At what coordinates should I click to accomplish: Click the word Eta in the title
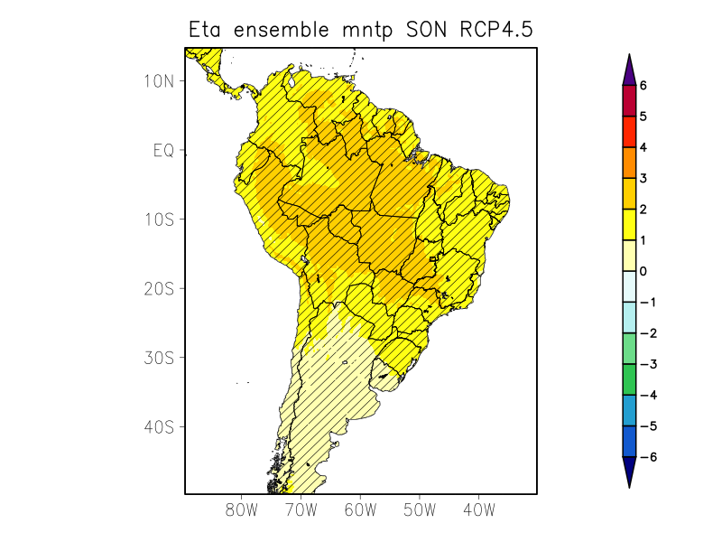[x=207, y=30]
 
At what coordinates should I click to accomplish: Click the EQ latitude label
[x=163, y=151]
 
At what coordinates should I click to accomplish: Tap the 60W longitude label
[x=360, y=509]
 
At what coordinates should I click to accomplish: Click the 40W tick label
[x=478, y=509]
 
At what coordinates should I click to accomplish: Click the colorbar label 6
[x=643, y=85]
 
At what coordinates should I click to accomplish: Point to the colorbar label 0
[x=643, y=271]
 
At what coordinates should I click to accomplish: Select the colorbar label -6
[x=646, y=457]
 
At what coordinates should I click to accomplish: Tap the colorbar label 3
[x=643, y=178]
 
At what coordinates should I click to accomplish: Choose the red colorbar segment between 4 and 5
[x=629, y=132]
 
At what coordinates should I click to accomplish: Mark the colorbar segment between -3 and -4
[x=629, y=379]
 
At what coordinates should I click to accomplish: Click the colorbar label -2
[x=646, y=333]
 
